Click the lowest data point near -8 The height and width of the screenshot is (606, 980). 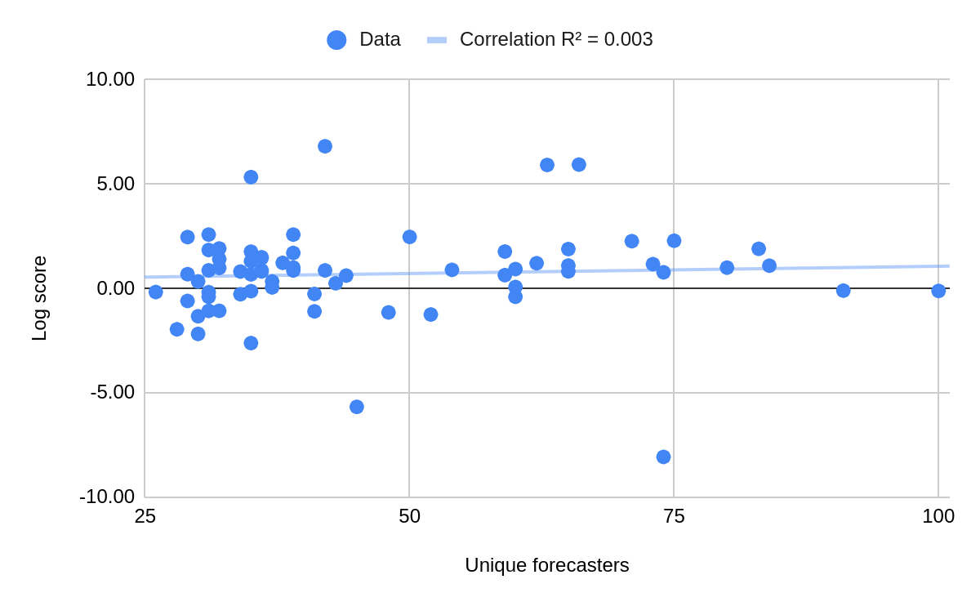click(663, 457)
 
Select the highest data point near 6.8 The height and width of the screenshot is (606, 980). click(325, 146)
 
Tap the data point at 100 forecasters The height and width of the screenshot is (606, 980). click(938, 291)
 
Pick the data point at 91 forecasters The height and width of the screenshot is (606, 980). click(843, 291)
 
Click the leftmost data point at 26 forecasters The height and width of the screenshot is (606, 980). click(155, 292)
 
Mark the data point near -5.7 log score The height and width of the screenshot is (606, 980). click(357, 407)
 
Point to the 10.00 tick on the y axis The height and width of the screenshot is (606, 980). click(110, 79)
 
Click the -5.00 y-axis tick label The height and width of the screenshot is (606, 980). click(113, 392)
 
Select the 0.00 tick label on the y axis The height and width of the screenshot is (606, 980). click(116, 288)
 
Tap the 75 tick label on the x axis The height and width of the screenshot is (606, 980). click(674, 516)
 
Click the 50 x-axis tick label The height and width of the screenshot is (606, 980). click(409, 516)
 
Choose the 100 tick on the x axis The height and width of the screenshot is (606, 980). click(938, 516)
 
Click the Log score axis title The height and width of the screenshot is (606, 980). click(39, 298)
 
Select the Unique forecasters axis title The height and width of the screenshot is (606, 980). click(546, 565)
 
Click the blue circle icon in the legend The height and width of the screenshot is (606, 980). click(336, 40)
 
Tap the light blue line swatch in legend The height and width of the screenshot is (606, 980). click(437, 40)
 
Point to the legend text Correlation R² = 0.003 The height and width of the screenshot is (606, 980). click(556, 39)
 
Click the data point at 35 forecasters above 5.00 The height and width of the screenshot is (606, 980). click(251, 177)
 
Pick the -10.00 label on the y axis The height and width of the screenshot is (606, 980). click(107, 497)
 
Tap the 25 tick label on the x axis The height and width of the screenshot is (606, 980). click(145, 516)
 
